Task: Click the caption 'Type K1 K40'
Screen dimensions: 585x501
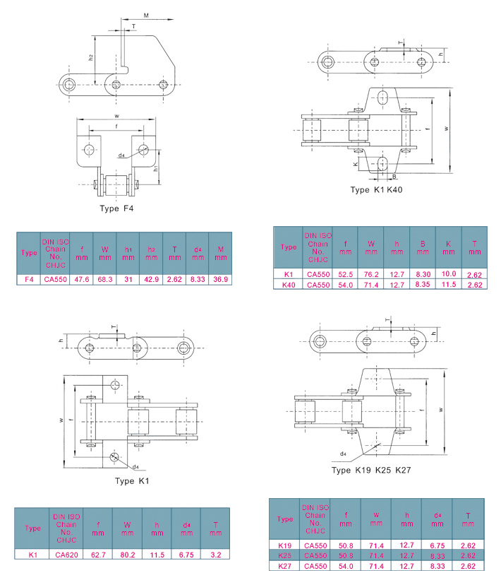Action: coord(376,190)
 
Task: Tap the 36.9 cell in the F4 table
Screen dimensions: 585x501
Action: coord(220,279)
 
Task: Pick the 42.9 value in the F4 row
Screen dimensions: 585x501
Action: coord(151,279)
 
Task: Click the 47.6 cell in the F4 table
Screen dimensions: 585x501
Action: coord(82,279)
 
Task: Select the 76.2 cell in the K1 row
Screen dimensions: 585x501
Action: coord(370,273)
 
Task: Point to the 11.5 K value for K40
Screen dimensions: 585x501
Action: coord(448,284)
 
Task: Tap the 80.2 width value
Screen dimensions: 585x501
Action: coord(128,556)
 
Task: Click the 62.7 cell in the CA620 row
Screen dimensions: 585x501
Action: coord(97,556)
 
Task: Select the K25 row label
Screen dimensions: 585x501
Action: coord(285,555)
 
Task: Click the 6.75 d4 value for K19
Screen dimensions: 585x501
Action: coord(437,545)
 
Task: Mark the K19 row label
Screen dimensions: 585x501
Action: coord(285,545)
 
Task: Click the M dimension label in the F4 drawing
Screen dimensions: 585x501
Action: coord(146,14)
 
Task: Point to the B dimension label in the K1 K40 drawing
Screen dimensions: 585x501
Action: coord(394,176)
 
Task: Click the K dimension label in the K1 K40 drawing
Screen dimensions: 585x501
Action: coord(356,163)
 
